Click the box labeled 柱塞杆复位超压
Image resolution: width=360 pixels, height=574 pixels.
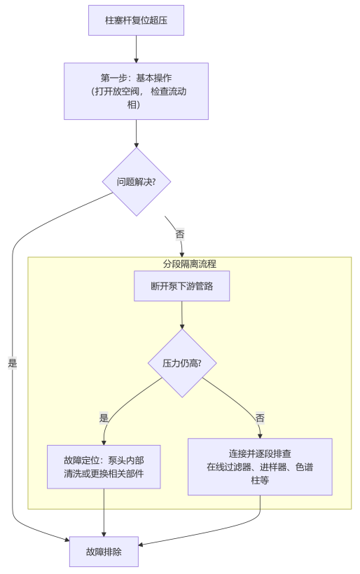point(136,20)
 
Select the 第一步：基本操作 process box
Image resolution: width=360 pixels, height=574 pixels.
point(136,91)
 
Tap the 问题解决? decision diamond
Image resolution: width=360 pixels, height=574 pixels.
point(137,182)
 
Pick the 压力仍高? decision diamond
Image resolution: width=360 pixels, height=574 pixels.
point(181,364)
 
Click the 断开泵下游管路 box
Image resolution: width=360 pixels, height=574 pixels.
point(181,286)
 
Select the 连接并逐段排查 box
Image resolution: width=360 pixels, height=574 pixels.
point(259,467)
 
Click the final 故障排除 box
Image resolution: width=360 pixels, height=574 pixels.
point(104,552)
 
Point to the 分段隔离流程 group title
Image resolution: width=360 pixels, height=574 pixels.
point(189,264)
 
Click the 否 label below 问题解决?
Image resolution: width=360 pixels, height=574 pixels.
point(180,235)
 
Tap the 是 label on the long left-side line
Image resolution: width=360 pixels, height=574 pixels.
point(13,363)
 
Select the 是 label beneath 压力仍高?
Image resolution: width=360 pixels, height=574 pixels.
point(104,418)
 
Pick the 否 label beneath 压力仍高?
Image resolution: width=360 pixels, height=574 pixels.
point(260,418)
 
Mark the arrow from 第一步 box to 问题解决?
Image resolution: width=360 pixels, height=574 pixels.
point(136,133)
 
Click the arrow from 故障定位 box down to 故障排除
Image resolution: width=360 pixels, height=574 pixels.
point(104,512)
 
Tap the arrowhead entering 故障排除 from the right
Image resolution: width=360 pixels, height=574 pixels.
point(143,544)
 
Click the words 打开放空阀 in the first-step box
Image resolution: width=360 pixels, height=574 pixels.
point(119,91)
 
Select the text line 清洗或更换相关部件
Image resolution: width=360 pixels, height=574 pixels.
point(104,474)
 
